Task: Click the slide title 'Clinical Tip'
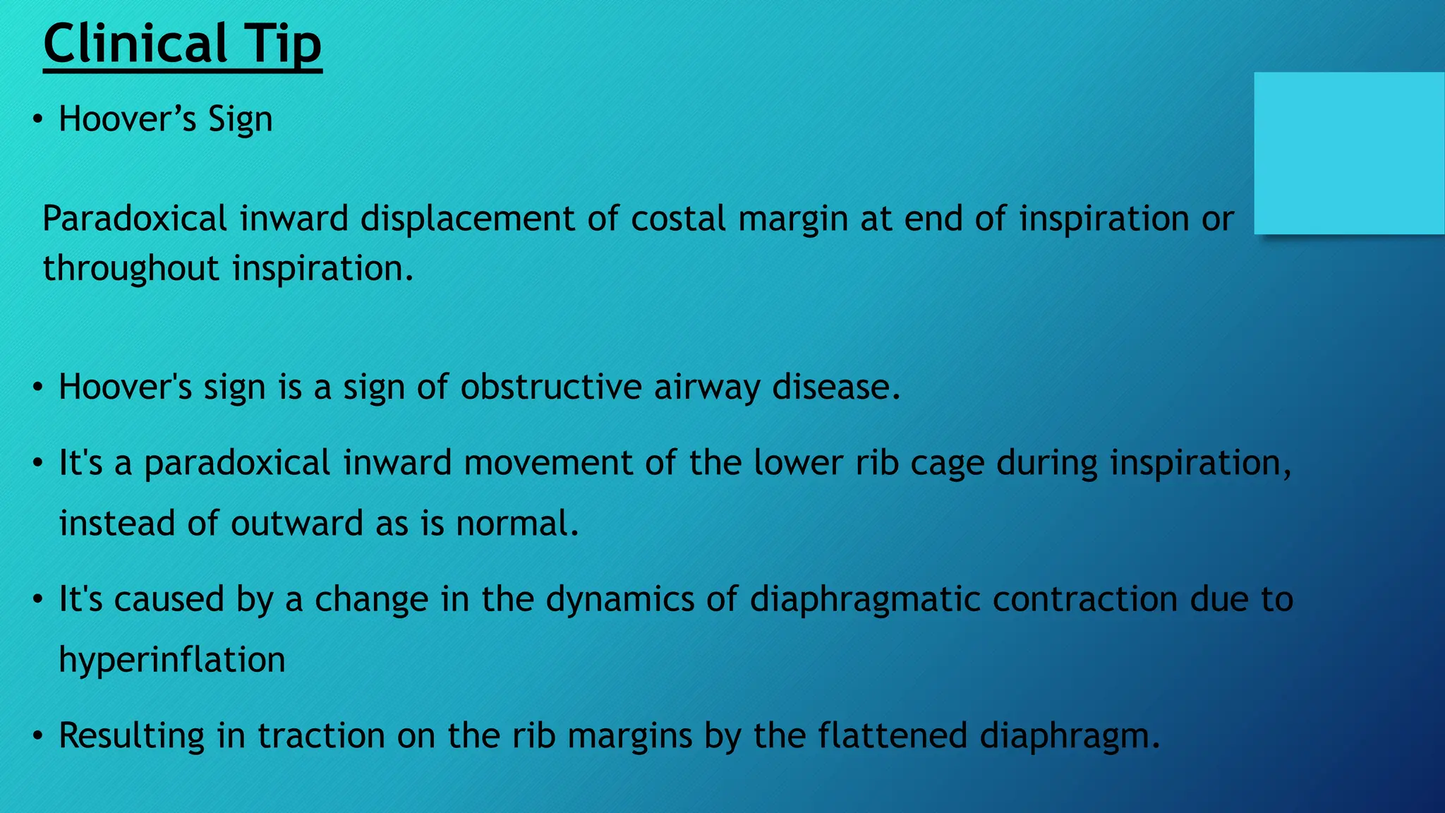[x=182, y=44]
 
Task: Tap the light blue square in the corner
[x=1349, y=153]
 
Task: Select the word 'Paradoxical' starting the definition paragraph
[x=135, y=219]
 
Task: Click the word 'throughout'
[x=131, y=269]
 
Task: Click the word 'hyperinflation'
[x=172, y=660]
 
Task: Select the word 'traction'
[x=321, y=735]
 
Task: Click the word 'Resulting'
[x=132, y=735]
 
